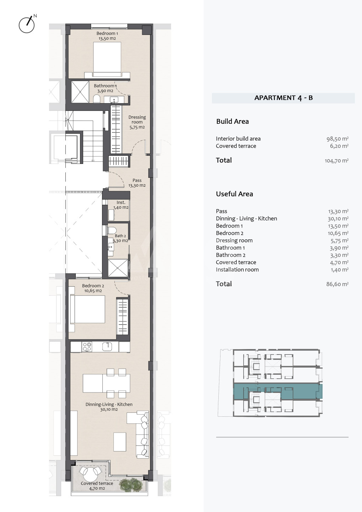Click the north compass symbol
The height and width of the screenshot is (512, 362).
(27, 24)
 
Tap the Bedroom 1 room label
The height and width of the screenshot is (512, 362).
(107, 36)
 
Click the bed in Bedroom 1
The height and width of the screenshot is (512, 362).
(107, 60)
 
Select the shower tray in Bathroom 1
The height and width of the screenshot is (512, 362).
(80, 92)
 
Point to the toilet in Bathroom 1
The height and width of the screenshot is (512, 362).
(97, 99)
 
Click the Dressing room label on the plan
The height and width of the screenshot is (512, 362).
(137, 122)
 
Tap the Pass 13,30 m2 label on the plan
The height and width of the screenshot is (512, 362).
(137, 183)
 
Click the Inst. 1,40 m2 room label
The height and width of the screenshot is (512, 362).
(121, 205)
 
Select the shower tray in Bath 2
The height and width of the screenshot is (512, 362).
(118, 268)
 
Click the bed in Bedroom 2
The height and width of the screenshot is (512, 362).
(87, 309)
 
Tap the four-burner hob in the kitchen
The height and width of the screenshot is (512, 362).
(87, 347)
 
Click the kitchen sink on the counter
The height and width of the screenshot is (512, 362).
(107, 347)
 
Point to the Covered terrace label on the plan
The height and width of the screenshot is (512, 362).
(97, 486)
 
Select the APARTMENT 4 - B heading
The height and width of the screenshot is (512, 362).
(283, 98)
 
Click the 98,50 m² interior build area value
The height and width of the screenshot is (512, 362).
(337, 139)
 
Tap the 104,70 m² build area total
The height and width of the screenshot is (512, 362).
(337, 161)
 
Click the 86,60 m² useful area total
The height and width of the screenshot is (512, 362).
(337, 284)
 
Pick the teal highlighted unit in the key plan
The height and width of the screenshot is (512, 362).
(278, 391)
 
